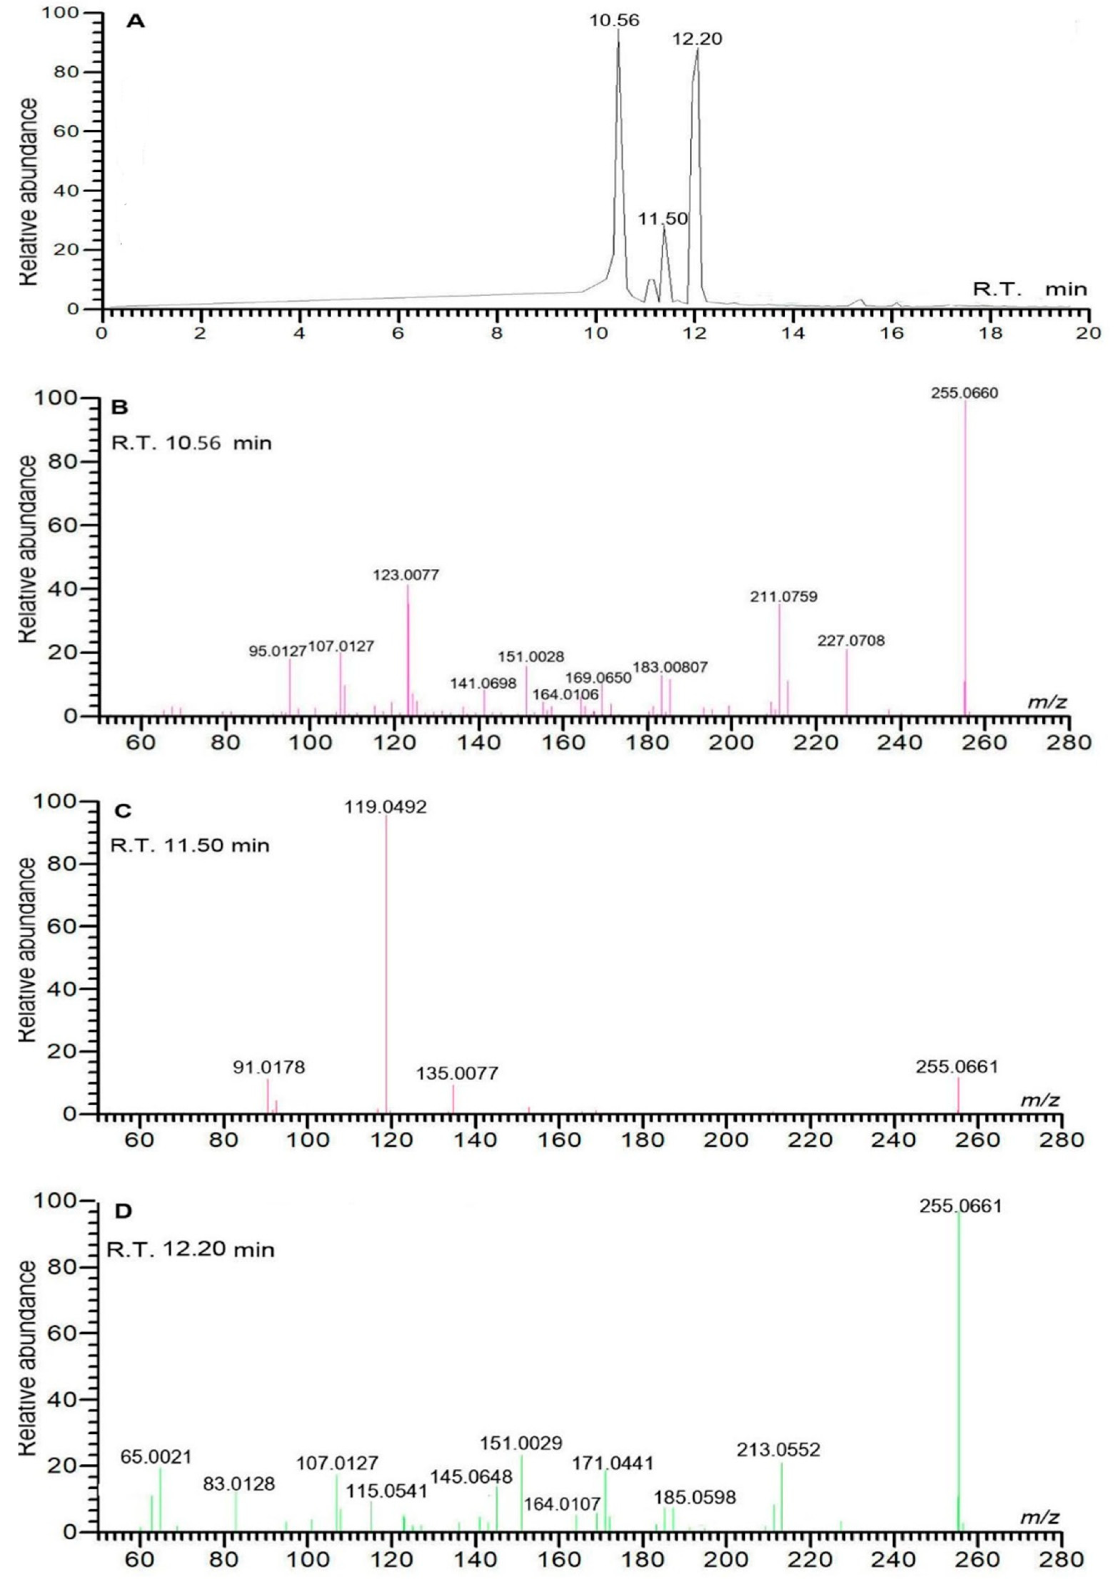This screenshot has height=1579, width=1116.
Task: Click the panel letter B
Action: pyautogui.click(x=120, y=408)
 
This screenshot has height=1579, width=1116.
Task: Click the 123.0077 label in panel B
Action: pyautogui.click(x=406, y=574)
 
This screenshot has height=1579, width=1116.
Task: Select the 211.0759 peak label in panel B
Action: pyautogui.click(x=783, y=596)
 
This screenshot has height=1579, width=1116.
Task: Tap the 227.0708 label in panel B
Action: pyautogui.click(x=851, y=641)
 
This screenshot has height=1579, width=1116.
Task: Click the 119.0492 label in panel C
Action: pyautogui.click(x=386, y=807)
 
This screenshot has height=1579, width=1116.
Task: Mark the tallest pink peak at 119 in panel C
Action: pyautogui.click(x=386, y=963)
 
